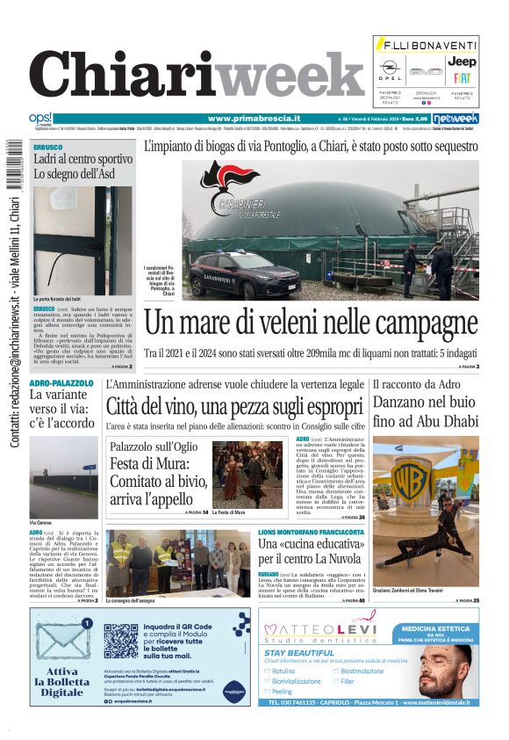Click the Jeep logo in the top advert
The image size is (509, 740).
(462, 62)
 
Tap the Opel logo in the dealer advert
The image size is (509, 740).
(391, 69)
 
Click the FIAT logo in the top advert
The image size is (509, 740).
(462, 78)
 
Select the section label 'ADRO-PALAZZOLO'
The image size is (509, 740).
(61, 383)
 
